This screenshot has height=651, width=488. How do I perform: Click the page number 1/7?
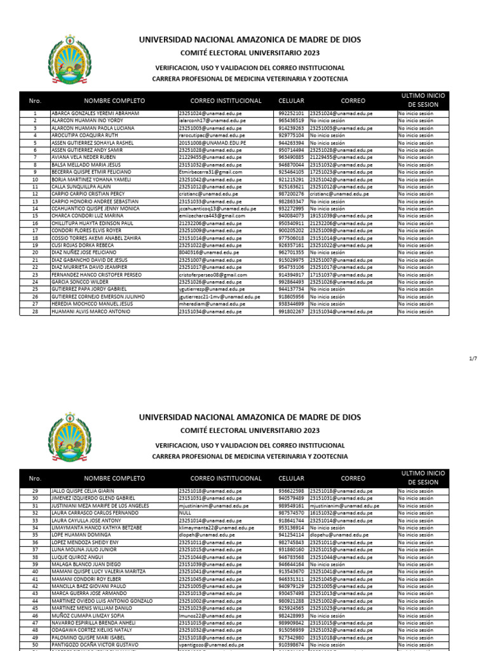point(472,359)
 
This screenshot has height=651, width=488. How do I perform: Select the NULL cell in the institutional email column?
point(185,512)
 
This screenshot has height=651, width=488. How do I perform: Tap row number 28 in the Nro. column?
point(35,312)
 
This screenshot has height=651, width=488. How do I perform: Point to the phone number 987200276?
point(291,193)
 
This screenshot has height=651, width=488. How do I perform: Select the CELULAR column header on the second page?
point(291,478)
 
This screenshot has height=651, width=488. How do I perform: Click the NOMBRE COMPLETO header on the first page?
point(114,100)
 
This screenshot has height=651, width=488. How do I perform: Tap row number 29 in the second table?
point(35,491)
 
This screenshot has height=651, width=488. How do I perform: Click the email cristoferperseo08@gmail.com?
point(212,275)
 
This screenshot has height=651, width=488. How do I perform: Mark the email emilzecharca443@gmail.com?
point(212,216)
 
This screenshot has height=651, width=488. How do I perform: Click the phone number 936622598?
point(291,491)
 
